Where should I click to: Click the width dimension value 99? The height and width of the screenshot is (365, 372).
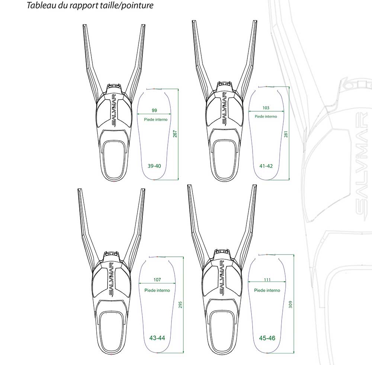tap(154, 111)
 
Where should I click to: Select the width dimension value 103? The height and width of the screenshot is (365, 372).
tap(266, 108)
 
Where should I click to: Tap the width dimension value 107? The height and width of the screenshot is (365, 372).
tap(157, 279)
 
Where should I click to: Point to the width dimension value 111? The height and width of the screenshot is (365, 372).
tap(267, 279)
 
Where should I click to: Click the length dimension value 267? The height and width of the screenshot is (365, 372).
tap(175, 134)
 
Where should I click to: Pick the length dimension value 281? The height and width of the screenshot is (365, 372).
tap(286, 134)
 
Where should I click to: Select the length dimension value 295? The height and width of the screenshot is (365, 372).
tap(180, 305)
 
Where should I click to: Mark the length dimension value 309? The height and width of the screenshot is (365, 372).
tap(291, 304)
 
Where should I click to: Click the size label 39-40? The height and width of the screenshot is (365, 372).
tap(154, 166)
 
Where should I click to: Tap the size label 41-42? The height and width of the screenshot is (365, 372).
tap(266, 166)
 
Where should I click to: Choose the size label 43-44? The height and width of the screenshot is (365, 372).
tap(157, 338)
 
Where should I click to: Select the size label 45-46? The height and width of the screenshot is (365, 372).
tap(267, 338)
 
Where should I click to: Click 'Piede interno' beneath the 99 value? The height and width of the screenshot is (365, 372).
tap(155, 119)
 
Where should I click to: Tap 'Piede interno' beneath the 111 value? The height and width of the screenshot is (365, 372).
tap(267, 290)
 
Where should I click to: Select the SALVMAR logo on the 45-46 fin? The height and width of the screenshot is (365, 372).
tap(222, 277)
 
